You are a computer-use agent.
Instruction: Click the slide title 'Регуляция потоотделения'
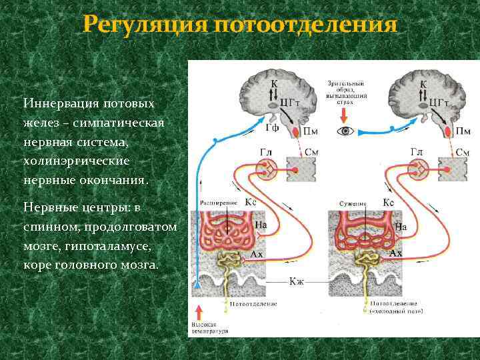click(240, 25)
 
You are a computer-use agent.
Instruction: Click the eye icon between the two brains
click(345, 131)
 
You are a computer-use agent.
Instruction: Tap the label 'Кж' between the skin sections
click(297, 281)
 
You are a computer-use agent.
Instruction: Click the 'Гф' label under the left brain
click(271, 127)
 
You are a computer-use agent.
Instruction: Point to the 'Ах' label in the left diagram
click(257, 253)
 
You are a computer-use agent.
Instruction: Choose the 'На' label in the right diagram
click(401, 227)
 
